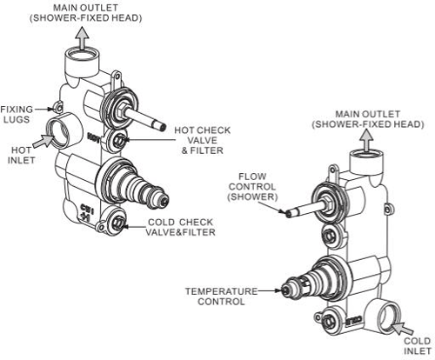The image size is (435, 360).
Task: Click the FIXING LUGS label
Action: click(17, 116)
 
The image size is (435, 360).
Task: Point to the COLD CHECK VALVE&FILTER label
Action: click(181, 228)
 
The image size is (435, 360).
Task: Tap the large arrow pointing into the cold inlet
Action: click(401, 328)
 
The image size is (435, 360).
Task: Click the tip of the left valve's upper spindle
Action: click(163, 127)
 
